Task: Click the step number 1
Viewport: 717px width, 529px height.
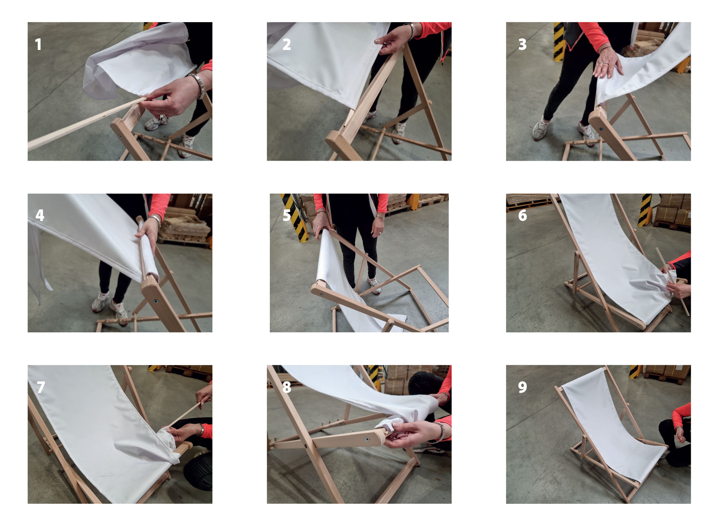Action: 38,44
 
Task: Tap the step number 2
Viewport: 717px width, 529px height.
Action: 286,44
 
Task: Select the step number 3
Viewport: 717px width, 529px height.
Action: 522,44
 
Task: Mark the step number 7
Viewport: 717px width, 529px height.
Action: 41,387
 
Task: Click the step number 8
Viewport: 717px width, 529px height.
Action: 287,387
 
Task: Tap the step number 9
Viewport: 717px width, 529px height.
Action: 522,387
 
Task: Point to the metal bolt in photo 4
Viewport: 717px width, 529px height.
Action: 156,301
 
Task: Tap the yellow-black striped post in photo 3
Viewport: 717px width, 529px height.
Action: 559,41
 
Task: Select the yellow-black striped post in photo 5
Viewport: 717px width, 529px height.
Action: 295,218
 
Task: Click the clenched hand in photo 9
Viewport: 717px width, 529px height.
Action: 680,434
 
